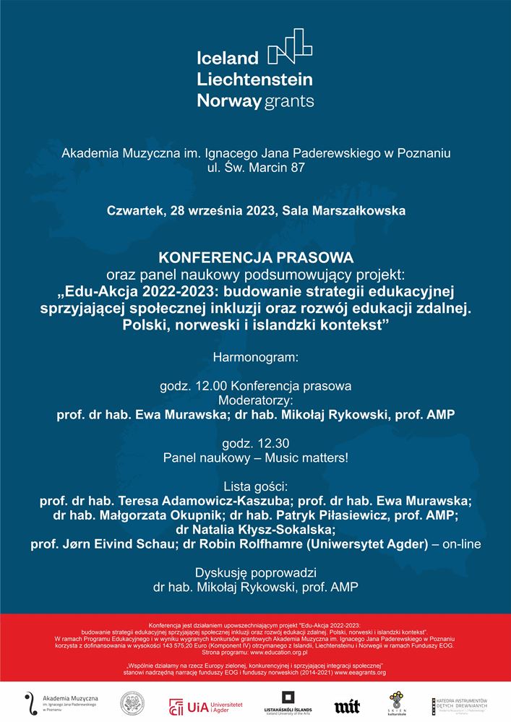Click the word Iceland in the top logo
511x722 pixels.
point(227,58)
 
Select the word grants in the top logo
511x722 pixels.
point(288,101)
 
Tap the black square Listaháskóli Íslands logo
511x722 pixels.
point(288,699)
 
